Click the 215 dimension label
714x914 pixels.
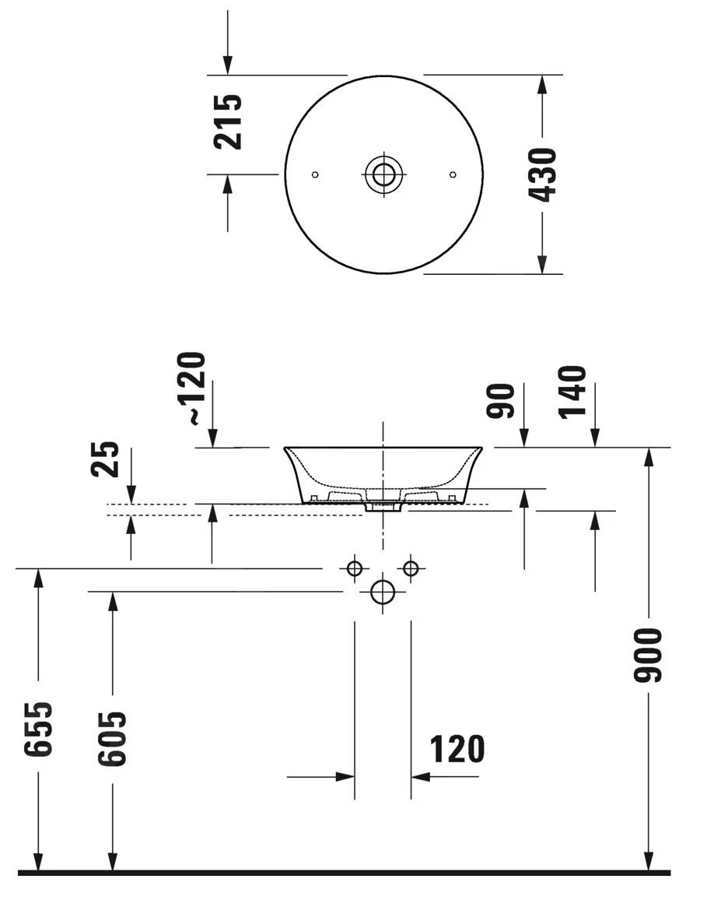(228, 122)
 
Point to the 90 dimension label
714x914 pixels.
(502, 400)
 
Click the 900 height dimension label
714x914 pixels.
(647, 656)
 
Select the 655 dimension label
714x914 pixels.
(38, 729)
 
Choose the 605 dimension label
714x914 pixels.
(111, 738)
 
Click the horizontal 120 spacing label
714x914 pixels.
(457, 749)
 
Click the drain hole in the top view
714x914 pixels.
(383, 174)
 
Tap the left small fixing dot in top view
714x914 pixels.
(314, 174)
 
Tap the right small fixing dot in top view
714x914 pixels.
(453, 174)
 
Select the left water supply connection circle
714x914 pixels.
(355, 568)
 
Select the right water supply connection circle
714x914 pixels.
(411, 568)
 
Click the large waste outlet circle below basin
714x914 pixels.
(383, 592)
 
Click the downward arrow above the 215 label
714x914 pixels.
(228, 65)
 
